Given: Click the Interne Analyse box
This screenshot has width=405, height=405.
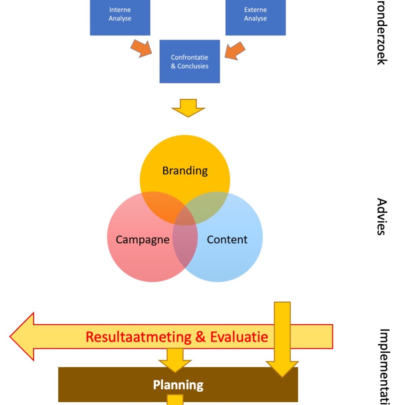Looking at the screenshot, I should [x=120, y=15].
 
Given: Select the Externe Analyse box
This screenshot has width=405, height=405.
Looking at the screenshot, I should [x=255, y=15].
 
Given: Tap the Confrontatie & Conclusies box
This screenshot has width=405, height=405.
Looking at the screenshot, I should [x=189, y=61].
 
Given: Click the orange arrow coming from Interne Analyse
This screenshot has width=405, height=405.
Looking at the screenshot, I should [x=141, y=49].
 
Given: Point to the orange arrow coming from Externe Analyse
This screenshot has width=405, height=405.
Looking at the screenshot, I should [x=235, y=51].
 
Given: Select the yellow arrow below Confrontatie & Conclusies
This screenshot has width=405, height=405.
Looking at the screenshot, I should [x=188, y=108].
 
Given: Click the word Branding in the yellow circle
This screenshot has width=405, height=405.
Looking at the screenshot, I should [x=185, y=170].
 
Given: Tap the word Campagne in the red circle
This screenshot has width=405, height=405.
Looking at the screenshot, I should [x=142, y=239].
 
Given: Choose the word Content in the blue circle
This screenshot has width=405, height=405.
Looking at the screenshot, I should [x=227, y=239].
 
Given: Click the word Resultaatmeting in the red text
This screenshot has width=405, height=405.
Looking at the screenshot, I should [x=138, y=337].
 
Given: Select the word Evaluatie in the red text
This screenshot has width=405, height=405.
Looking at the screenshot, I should [x=239, y=337].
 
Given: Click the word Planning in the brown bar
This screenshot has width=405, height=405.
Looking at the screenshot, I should [x=178, y=385].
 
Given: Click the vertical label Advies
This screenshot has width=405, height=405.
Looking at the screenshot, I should [x=381, y=216].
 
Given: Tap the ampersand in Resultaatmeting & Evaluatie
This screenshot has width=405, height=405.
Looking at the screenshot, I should [x=200, y=337].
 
